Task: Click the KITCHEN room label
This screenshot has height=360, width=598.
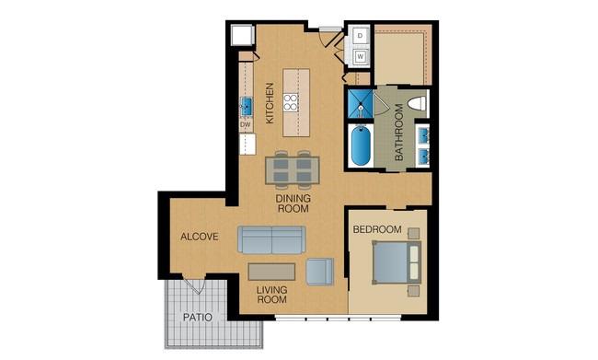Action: click(270, 103)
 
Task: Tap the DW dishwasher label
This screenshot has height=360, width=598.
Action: click(246, 124)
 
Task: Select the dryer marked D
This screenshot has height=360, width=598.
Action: click(361, 36)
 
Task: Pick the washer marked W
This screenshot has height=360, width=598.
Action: click(361, 57)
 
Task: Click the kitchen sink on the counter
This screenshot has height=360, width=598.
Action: click(247, 107)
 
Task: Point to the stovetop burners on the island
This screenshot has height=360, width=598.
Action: click(291, 102)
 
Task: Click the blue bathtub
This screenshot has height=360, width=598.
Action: click(361, 145)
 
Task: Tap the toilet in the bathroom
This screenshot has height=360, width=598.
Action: click(417, 103)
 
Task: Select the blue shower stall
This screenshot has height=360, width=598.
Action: click(360, 104)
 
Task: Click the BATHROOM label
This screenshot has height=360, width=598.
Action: click(399, 132)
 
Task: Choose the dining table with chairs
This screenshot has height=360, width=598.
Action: click(293, 170)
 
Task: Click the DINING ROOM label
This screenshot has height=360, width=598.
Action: click(293, 203)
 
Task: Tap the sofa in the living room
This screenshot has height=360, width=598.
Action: click(271, 239)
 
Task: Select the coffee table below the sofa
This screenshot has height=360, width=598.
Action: click(271, 272)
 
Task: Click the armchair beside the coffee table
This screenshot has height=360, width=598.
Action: click(319, 272)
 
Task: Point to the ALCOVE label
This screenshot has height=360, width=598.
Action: click(200, 237)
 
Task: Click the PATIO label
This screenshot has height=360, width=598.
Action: click(198, 318)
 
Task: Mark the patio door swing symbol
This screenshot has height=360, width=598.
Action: click(194, 284)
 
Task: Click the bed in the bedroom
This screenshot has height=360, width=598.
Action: click(397, 262)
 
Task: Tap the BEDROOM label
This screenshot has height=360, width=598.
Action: click(377, 229)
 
